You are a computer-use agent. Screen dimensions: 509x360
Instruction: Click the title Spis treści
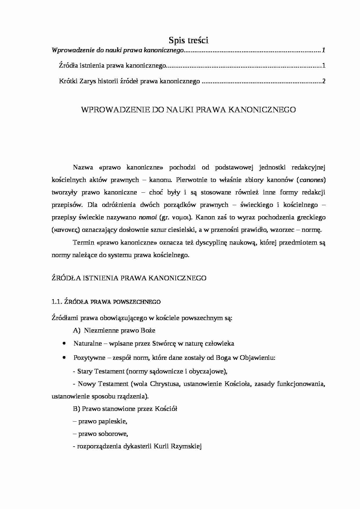point(188,40)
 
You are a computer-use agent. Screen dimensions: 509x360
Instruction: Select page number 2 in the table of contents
point(323,81)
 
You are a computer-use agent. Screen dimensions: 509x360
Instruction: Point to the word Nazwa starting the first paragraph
point(83,167)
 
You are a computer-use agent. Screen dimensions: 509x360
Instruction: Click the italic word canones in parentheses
point(312,180)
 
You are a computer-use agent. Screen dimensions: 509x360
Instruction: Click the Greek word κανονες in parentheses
point(66,230)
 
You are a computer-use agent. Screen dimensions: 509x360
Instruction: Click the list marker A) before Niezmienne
point(77,330)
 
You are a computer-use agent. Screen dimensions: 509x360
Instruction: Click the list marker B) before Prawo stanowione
point(77,409)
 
